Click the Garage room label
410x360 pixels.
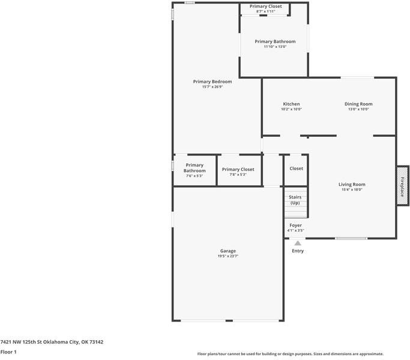pyautogui.click(x=228, y=251)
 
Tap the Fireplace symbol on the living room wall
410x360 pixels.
pyautogui.click(x=402, y=186)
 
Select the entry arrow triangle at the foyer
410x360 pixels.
pyautogui.click(x=298, y=243)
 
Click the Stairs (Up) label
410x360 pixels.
pyautogui.click(x=295, y=200)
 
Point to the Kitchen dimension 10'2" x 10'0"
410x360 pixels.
pyautogui.click(x=291, y=109)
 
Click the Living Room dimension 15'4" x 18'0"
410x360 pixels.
pyautogui.click(x=352, y=190)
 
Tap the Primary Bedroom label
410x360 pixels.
pyautogui.click(x=213, y=82)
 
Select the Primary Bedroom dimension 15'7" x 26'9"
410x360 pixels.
pyautogui.click(x=213, y=87)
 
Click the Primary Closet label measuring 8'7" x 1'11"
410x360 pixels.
pyautogui.click(x=265, y=6)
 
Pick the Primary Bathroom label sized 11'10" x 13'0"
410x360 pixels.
pyautogui.click(x=275, y=41)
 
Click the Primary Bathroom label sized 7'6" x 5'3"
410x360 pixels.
pyautogui.click(x=194, y=168)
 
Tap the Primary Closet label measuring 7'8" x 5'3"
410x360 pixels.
pyautogui.click(x=238, y=169)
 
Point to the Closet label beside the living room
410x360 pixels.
pyautogui.click(x=296, y=169)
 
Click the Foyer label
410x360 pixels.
pyautogui.click(x=295, y=225)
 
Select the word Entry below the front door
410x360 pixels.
pyautogui.click(x=298, y=251)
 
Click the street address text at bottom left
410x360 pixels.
pyautogui.click(x=52, y=342)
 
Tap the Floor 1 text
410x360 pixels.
pyautogui.click(x=8, y=352)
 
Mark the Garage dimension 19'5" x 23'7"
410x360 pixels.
pyautogui.click(x=228, y=256)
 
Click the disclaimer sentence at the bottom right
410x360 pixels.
pyautogui.click(x=290, y=354)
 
